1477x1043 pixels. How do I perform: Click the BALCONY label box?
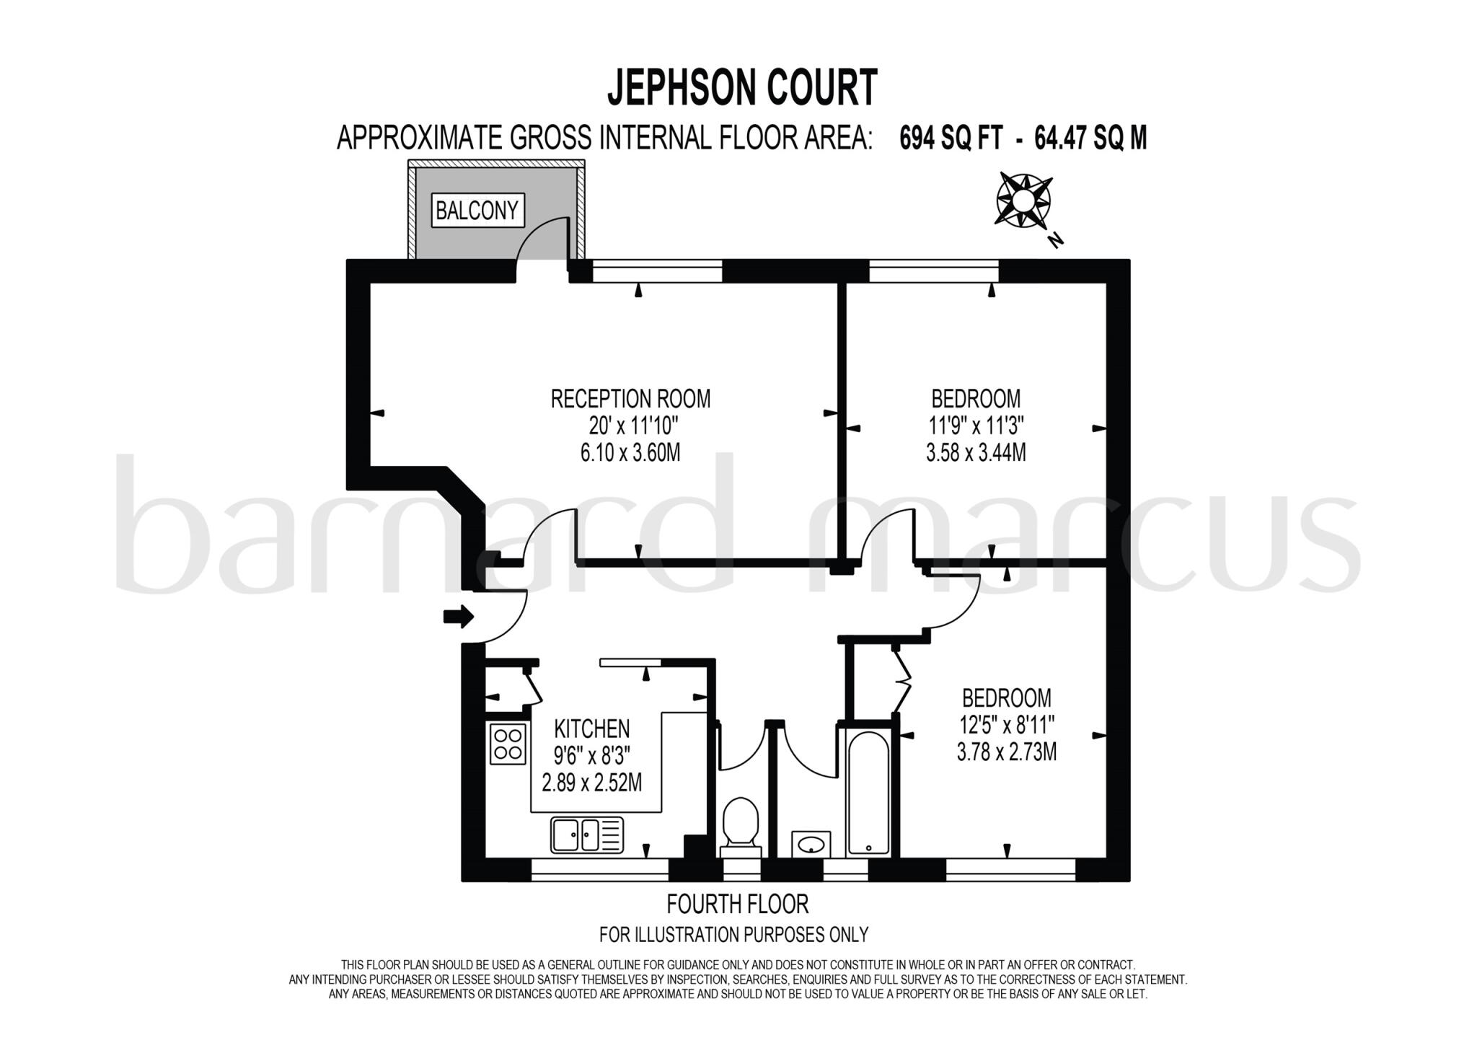(477, 211)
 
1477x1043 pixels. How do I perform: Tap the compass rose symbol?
(1023, 200)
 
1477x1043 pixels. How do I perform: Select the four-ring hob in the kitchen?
(507, 744)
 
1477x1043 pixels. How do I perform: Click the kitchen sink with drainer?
(587, 835)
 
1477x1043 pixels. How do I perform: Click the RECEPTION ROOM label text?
(630, 399)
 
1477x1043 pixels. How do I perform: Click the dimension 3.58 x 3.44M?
(976, 453)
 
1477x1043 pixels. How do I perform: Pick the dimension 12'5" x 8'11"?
(1007, 725)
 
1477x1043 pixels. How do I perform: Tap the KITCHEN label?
(591, 729)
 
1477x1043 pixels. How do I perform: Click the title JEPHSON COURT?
(742, 88)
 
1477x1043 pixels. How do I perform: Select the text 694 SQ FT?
(951, 138)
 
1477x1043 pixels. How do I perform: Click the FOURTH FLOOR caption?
(737, 904)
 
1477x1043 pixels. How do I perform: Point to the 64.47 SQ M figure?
(1090, 138)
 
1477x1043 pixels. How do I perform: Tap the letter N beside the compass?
(1057, 239)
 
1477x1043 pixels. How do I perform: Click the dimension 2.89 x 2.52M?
(591, 783)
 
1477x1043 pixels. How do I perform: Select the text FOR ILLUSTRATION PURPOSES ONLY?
(733, 935)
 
